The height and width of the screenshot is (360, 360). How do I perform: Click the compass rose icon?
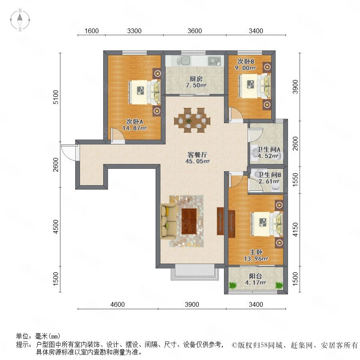tap(20, 20)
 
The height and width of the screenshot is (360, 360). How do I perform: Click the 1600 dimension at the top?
tap(92, 31)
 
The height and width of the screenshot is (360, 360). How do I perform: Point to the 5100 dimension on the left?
tap(56, 97)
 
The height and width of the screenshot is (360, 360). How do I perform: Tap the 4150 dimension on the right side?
tap(295, 229)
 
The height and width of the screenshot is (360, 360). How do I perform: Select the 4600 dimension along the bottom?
tap(118, 304)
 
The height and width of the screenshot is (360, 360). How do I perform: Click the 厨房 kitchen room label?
tap(196, 79)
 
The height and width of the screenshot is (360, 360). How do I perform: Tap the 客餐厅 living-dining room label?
tap(197, 154)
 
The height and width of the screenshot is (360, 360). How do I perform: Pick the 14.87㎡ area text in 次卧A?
tap(134, 128)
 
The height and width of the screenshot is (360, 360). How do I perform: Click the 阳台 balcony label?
tap(256, 276)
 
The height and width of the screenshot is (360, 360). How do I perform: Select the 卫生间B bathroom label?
tap(269, 175)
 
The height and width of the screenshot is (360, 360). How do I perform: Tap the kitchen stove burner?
tap(214, 61)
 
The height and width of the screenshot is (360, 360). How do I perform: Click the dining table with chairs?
tap(192, 120)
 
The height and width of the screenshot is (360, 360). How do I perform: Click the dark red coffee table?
tap(189, 221)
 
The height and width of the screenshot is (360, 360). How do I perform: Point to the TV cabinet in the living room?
tap(220, 221)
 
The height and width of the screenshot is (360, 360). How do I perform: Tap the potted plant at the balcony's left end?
tap(232, 285)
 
